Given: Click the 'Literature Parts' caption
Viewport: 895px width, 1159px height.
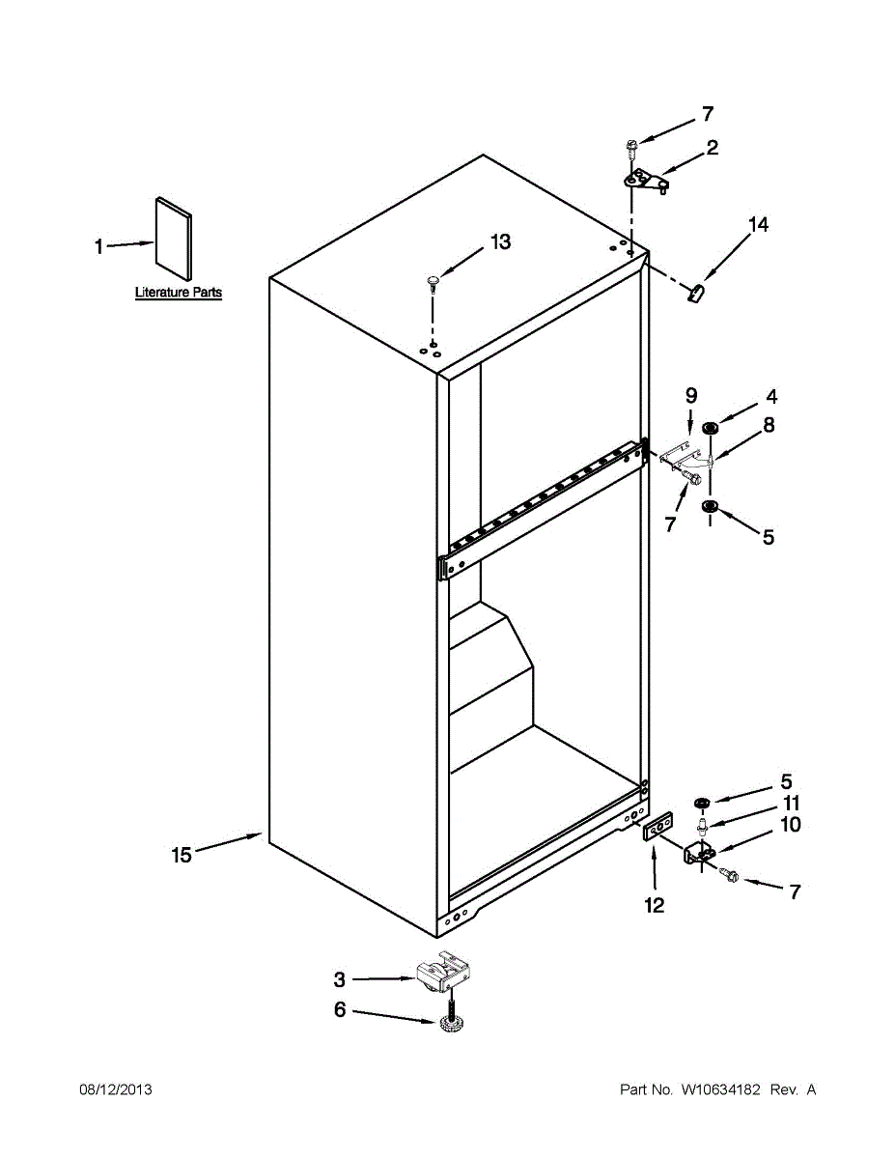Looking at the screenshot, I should click(179, 292).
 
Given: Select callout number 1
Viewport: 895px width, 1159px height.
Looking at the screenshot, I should click(98, 247).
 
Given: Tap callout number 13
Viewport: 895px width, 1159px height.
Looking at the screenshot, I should click(500, 241).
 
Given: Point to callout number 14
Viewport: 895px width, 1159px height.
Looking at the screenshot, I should click(759, 225).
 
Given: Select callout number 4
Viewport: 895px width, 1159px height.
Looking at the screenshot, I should click(772, 396).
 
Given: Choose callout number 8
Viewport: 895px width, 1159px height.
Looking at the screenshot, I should click(769, 425).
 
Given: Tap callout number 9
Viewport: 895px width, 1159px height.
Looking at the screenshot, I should click(691, 395).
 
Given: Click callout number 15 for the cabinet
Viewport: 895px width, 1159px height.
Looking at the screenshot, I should click(182, 854).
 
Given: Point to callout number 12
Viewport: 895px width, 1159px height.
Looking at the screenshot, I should click(655, 905).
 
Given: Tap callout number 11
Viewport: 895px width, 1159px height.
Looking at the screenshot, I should click(792, 804).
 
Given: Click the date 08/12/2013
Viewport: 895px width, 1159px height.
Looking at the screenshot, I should click(115, 1089).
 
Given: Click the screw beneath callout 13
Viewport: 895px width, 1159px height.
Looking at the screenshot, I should click(432, 281).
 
